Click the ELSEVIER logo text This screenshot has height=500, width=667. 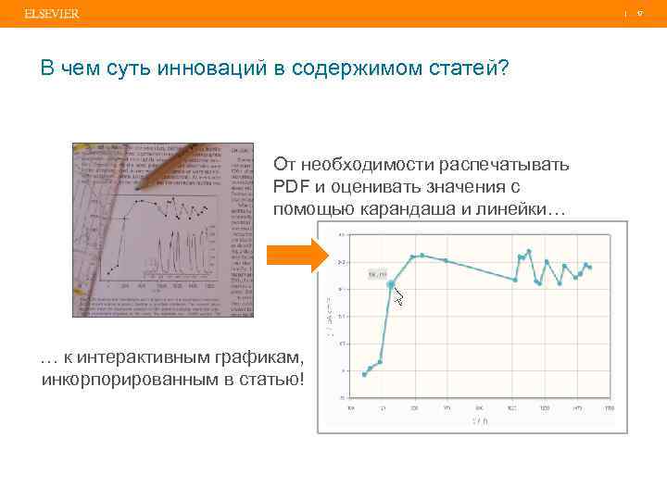pos(52,14)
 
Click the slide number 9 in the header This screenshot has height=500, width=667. pos(640,14)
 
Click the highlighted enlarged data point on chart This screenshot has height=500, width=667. pos(391,284)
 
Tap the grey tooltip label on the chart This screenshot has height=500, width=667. pos(376,274)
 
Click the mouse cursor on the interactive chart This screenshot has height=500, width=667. pos(399,296)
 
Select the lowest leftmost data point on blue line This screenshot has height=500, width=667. pos(364,374)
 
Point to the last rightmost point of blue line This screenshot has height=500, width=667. pos(589,267)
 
